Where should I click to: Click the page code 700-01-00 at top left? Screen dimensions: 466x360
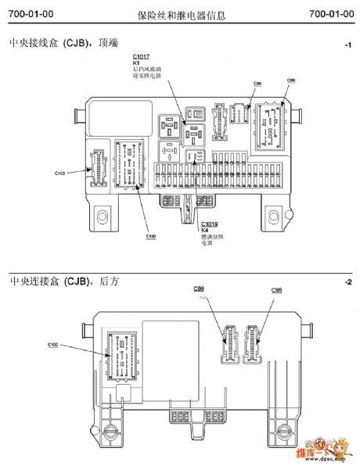point(27,14)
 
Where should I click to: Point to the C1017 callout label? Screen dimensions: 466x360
point(141,57)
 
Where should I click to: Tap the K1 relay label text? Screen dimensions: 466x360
point(135,63)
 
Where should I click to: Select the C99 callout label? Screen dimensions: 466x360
point(199,289)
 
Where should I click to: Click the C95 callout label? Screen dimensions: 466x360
point(276,290)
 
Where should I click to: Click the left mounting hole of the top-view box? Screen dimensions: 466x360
point(99,213)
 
